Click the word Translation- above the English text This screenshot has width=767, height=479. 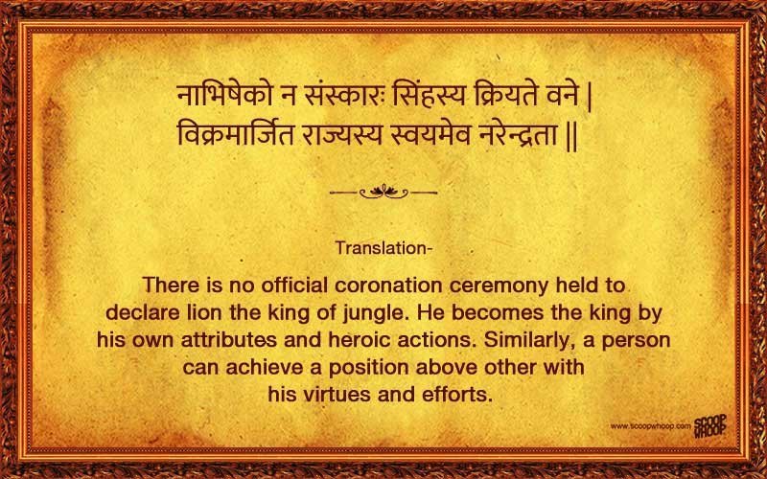pos(383,248)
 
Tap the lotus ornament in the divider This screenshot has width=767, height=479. pos(383,191)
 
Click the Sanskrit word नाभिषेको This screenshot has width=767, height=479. pos(224,96)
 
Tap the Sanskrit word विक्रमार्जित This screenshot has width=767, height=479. pos(235,134)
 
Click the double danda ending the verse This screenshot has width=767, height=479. pos(571,136)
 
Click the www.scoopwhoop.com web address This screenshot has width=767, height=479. pos(651,426)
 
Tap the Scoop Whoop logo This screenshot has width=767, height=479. pos(710,426)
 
